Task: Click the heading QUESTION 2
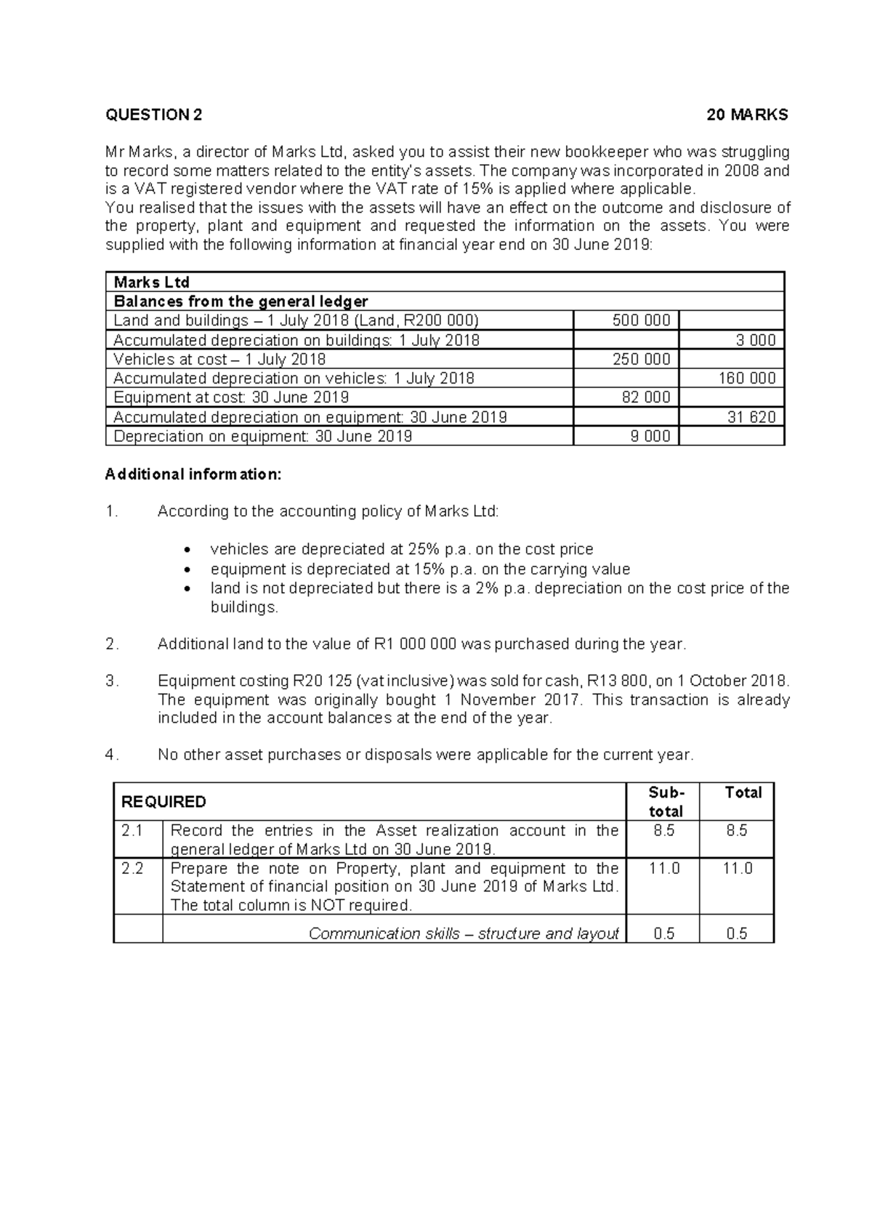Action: pos(154,115)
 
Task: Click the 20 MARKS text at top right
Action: pos(748,115)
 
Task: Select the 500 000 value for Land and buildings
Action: pos(641,320)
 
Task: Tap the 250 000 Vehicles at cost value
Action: pos(641,359)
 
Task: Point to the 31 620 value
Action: pos(751,417)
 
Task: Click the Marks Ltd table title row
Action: pos(152,282)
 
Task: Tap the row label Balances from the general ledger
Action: pos(241,301)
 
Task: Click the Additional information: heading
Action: pos(193,474)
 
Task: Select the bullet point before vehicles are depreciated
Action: pos(190,550)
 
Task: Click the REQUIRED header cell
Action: pos(163,801)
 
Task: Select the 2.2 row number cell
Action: pos(132,869)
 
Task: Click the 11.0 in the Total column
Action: pos(737,869)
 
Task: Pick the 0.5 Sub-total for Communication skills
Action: pos(663,933)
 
